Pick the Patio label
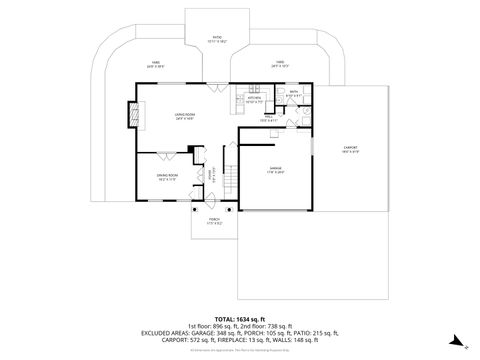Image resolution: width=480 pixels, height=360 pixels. pyautogui.click(x=214, y=38)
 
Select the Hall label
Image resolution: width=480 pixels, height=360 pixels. pyautogui.click(x=269, y=117)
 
